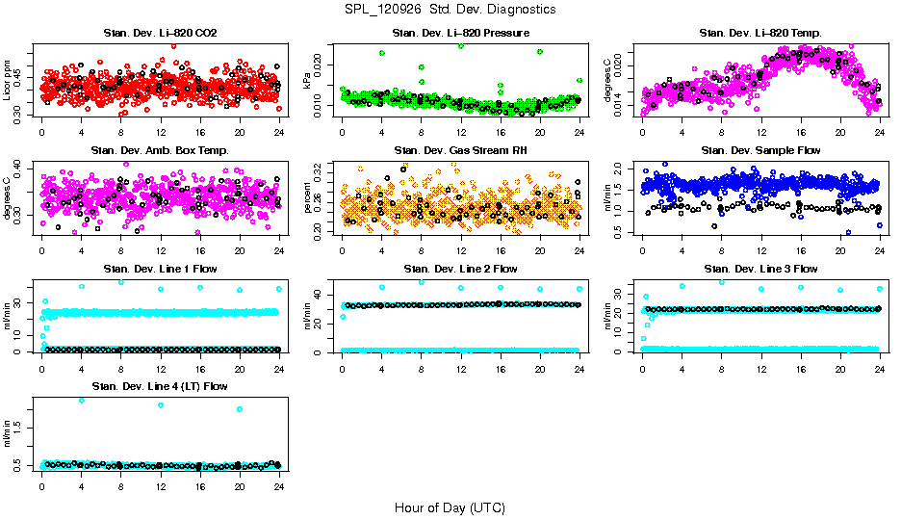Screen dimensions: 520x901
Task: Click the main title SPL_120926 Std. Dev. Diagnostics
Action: click(x=450, y=9)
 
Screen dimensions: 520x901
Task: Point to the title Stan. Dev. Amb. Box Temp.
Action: click(x=160, y=151)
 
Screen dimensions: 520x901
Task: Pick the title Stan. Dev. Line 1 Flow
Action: click(x=160, y=269)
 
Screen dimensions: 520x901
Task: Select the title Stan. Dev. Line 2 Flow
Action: click(x=460, y=269)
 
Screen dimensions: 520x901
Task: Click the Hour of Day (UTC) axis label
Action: click(x=450, y=507)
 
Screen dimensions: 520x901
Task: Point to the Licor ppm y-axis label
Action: click(x=8, y=80)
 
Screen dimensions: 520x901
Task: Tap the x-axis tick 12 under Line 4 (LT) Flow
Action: click(x=161, y=485)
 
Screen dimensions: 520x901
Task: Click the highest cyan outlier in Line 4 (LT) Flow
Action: click(x=81, y=400)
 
